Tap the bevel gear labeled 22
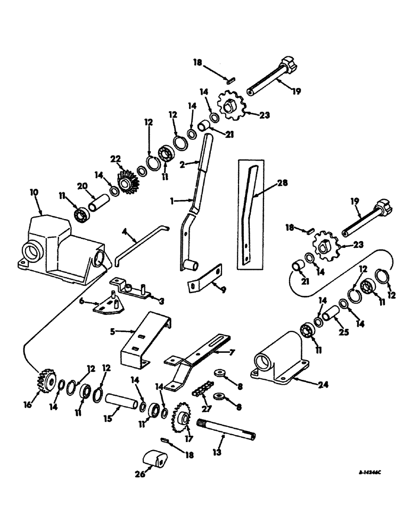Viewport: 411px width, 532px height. click(127, 183)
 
